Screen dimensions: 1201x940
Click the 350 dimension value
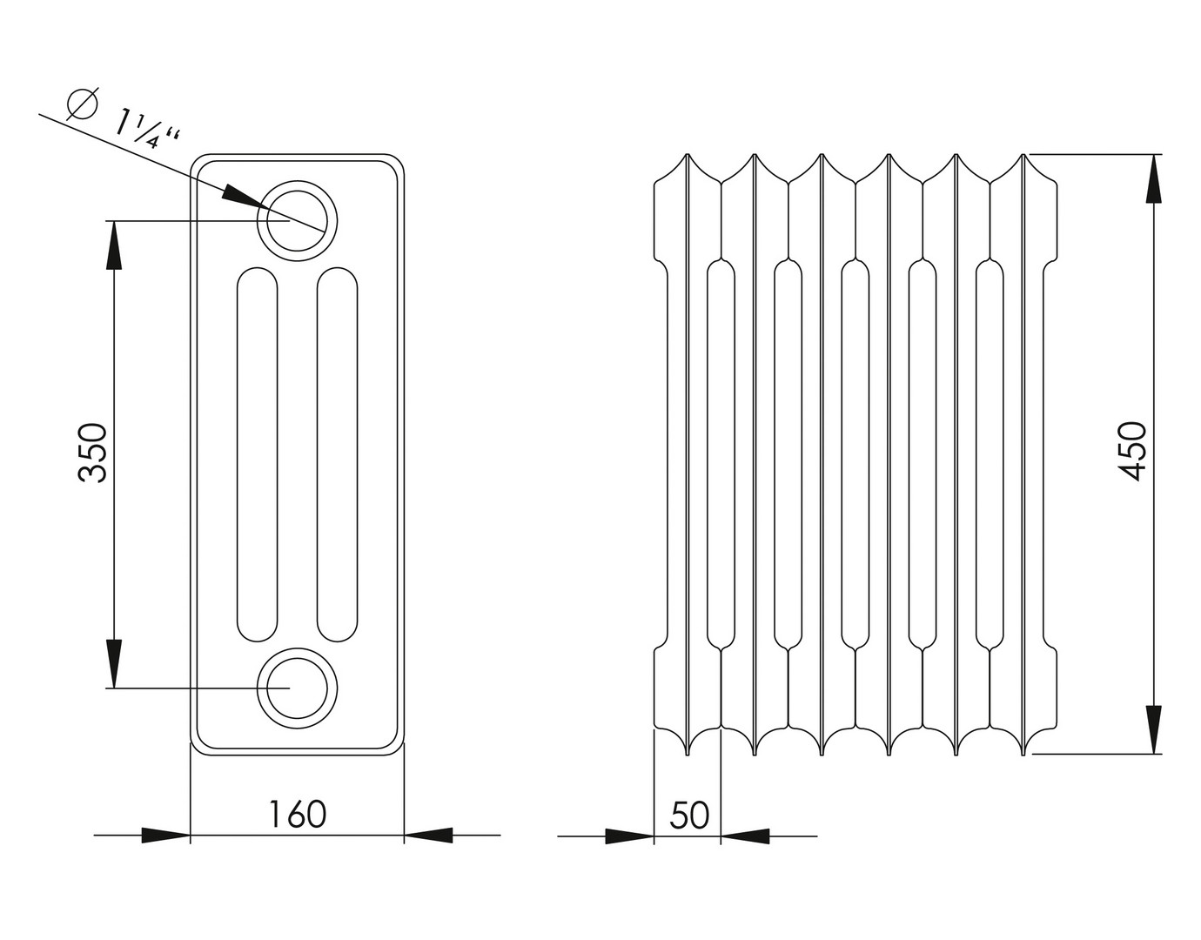(93, 453)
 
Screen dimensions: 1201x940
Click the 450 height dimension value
(1131, 451)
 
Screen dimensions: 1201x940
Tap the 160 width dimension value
(298, 814)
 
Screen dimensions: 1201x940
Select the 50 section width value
(689, 816)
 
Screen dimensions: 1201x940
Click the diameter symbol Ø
(83, 104)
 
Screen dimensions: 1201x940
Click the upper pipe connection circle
(297, 220)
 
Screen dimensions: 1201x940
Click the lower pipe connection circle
(297, 688)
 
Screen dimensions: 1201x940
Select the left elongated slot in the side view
(257, 454)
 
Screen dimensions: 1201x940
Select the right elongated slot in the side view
(337, 454)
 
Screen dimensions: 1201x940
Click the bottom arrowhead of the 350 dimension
(114, 664)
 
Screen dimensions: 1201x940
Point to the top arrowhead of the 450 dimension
(1153, 178)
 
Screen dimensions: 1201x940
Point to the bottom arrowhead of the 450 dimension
(1153, 729)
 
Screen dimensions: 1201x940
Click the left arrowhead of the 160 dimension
(166, 835)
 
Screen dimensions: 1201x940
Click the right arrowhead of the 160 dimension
(428, 835)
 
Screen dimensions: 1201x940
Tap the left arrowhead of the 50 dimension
(629, 836)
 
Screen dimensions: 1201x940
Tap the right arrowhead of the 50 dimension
(745, 836)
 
